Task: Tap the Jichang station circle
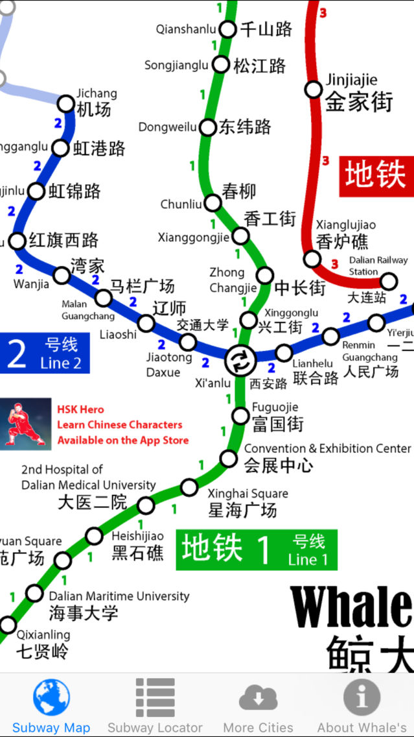click(x=66, y=103)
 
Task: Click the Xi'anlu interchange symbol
click(x=237, y=359)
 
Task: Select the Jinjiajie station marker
click(x=314, y=90)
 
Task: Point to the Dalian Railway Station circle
click(x=388, y=281)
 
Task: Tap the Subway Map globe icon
click(x=51, y=697)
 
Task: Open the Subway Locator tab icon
click(x=155, y=697)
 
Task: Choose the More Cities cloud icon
click(x=258, y=697)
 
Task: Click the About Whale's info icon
click(x=362, y=697)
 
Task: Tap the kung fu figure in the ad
click(x=25, y=424)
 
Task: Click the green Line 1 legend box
click(x=257, y=550)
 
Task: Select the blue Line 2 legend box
click(x=45, y=354)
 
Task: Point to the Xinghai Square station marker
click(x=189, y=487)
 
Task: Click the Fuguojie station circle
click(x=240, y=415)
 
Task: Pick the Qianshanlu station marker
click(x=227, y=29)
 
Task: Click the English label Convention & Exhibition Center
click(x=327, y=448)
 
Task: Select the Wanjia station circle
click(x=62, y=275)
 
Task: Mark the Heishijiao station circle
click(x=95, y=536)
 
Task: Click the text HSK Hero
click(x=80, y=409)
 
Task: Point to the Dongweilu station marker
click(x=208, y=127)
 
